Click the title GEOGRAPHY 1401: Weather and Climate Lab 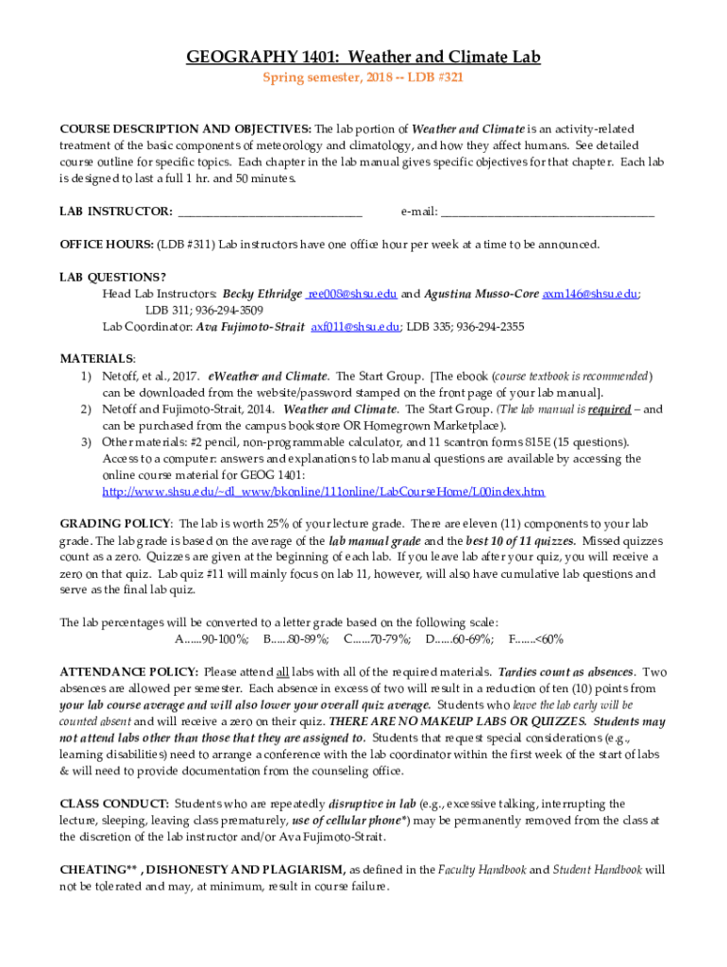(x=363, y=59)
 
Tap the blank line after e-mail (x=547, y=212)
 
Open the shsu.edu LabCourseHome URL (x=323, y=492)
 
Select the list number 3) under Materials (x=85, y=442)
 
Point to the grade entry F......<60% (x=535, y=639)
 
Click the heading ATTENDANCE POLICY (x=128, y=672)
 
